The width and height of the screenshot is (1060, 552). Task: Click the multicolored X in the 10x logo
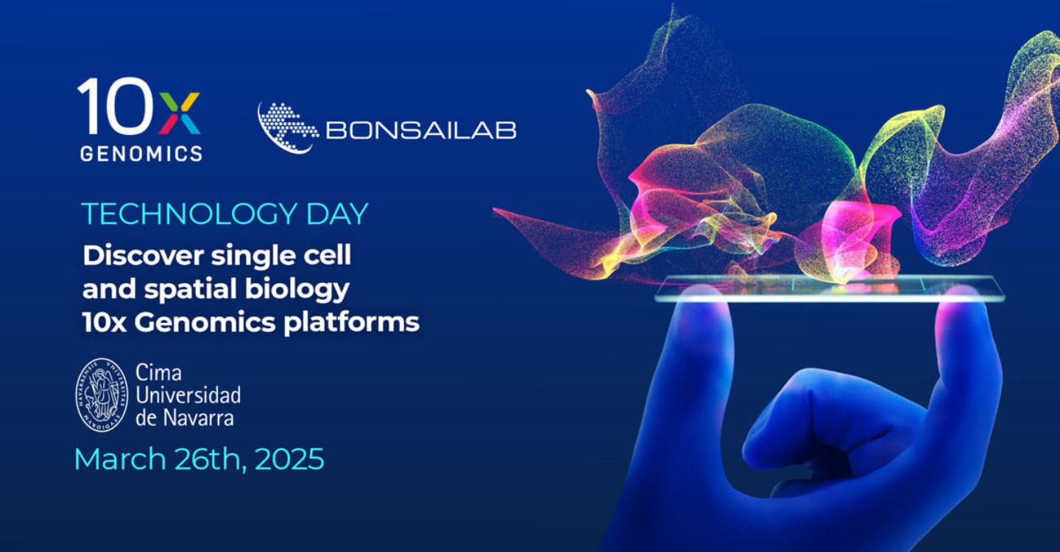180,113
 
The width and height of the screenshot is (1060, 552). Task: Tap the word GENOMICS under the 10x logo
141,153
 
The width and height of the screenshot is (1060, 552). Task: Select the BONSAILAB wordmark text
421,130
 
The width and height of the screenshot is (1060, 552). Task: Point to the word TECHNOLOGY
189,214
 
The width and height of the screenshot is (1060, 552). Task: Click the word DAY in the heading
337,214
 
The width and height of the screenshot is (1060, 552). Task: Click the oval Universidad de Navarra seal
102,395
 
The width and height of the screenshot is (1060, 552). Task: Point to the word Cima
158,372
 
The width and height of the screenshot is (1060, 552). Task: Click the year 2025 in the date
289,459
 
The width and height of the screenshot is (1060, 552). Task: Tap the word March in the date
120,459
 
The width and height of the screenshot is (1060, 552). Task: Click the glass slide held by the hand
830,288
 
